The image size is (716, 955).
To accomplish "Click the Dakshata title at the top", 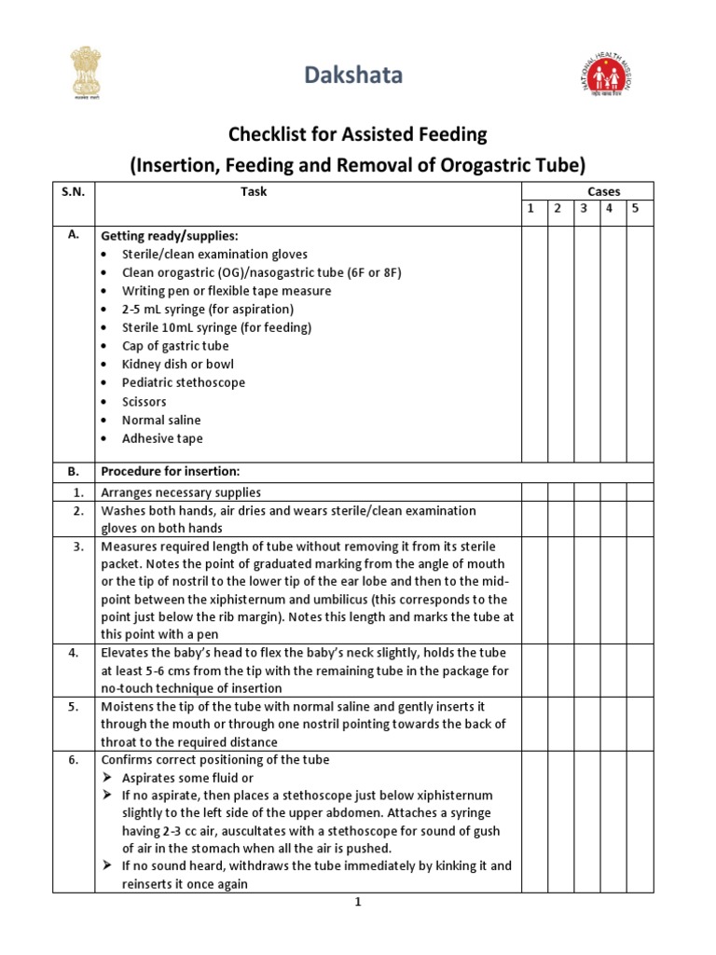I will point(358,76).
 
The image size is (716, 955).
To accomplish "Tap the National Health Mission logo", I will point(607,75).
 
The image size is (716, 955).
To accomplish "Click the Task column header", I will point(253,191).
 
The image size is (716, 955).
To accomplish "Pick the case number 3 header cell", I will point(584,209).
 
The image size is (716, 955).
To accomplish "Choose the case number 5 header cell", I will point(636,209).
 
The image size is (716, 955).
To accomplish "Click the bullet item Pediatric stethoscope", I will point(183,383).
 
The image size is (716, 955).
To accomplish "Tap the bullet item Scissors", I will point(144,402).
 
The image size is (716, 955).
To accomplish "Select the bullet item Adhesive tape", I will point(161,438).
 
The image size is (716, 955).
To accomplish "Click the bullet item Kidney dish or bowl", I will point(177,365).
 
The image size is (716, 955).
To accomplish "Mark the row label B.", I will point(74,471).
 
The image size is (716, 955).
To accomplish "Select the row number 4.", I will point(74,653).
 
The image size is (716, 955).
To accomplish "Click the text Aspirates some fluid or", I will point(187,778).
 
